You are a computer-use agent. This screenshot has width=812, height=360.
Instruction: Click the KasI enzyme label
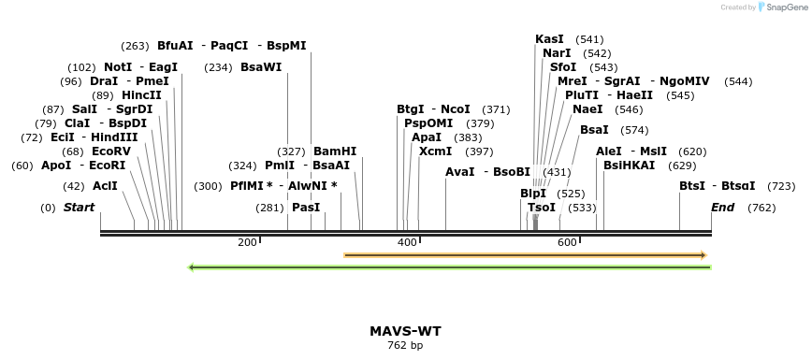coord(549,39)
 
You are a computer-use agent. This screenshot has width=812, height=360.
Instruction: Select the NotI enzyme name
coord(118,67)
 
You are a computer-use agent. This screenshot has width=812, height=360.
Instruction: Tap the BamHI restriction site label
coord(335,151)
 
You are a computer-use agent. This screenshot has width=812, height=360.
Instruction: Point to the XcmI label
coord(435,151)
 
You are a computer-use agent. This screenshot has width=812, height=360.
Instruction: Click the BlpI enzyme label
coord(533,194)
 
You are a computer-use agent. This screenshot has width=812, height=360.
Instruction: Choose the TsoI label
coord(542,208)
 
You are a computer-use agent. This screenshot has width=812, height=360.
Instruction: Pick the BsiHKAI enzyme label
coord(630,166)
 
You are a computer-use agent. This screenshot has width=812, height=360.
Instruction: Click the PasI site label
coord(306,208)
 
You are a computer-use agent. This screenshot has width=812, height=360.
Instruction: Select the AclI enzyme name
coord(105,186)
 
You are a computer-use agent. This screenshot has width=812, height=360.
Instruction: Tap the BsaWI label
coord(261,67)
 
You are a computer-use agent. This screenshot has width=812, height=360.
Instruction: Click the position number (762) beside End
coord(761,208)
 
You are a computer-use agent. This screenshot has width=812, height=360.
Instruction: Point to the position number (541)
coord(589,39)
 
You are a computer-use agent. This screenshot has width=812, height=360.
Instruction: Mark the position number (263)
coord(135,46)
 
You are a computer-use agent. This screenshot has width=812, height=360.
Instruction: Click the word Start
coord(79,208)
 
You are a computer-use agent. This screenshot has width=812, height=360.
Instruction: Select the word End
coord(723,208)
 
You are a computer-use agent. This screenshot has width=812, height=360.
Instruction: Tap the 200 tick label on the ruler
coord(247,243)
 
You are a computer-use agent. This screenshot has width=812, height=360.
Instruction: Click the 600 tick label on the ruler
coord(567,243)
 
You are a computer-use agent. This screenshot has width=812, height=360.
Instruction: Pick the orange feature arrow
coord(524,254)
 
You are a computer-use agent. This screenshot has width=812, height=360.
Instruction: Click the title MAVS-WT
coord(405,331)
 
